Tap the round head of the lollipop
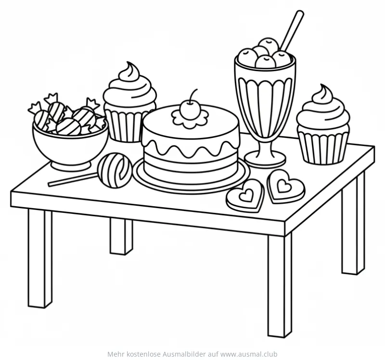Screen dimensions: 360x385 pyautogui.click(x=115, y=169)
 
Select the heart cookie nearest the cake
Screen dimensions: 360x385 pyautogui.click(x=245, y=194)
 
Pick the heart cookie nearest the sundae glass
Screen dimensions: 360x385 pyautogui.click(x=285, y=186)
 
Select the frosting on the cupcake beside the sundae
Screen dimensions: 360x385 pyautogui.click(x=322, y=108)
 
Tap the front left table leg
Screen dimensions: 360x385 pyautogui.click(x=39, y=260)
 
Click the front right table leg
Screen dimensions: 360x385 pyautogui.click(x=279, y=284)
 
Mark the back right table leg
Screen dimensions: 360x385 pyautogui.click(x=353, y=226)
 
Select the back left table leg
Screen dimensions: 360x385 pyautogui.click(x=120, y=236)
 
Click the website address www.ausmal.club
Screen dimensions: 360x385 pyautogui.click(x=250, y=354)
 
